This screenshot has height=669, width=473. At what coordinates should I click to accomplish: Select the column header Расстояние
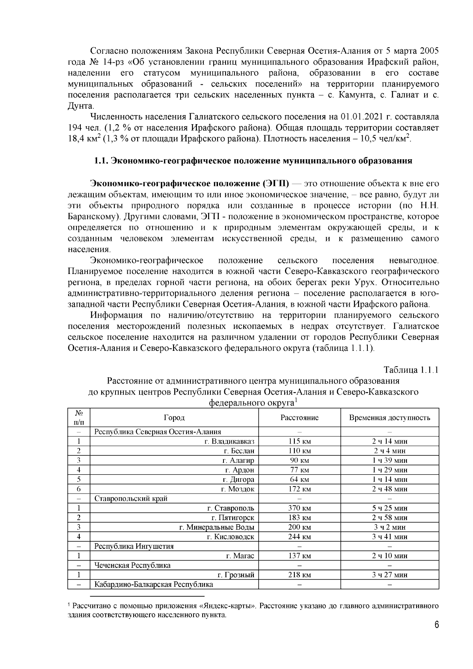[x=299, y=417]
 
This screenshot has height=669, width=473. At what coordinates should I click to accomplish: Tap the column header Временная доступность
[x=389, y=417]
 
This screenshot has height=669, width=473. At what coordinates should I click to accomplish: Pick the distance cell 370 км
[x=299, y=508]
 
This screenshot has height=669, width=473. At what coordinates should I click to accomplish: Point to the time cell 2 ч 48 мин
[x=389, y=489]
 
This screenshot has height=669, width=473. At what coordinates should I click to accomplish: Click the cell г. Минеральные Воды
[x=217, y=527]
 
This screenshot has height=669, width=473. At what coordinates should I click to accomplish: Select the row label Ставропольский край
[x=131, y=498]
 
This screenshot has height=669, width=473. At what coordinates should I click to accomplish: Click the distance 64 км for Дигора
[x=299, y=479]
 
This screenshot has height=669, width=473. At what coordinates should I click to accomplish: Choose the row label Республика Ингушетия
[x=134, y=546]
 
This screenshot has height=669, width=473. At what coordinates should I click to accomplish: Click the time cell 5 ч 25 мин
[x=389, y=508]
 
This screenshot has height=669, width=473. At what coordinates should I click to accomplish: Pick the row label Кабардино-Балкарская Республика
[x=154, y=584]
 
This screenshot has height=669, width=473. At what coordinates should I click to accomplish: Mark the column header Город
[x=174, y=417]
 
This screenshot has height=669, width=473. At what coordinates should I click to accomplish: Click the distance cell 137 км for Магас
[x=299, y=556]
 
